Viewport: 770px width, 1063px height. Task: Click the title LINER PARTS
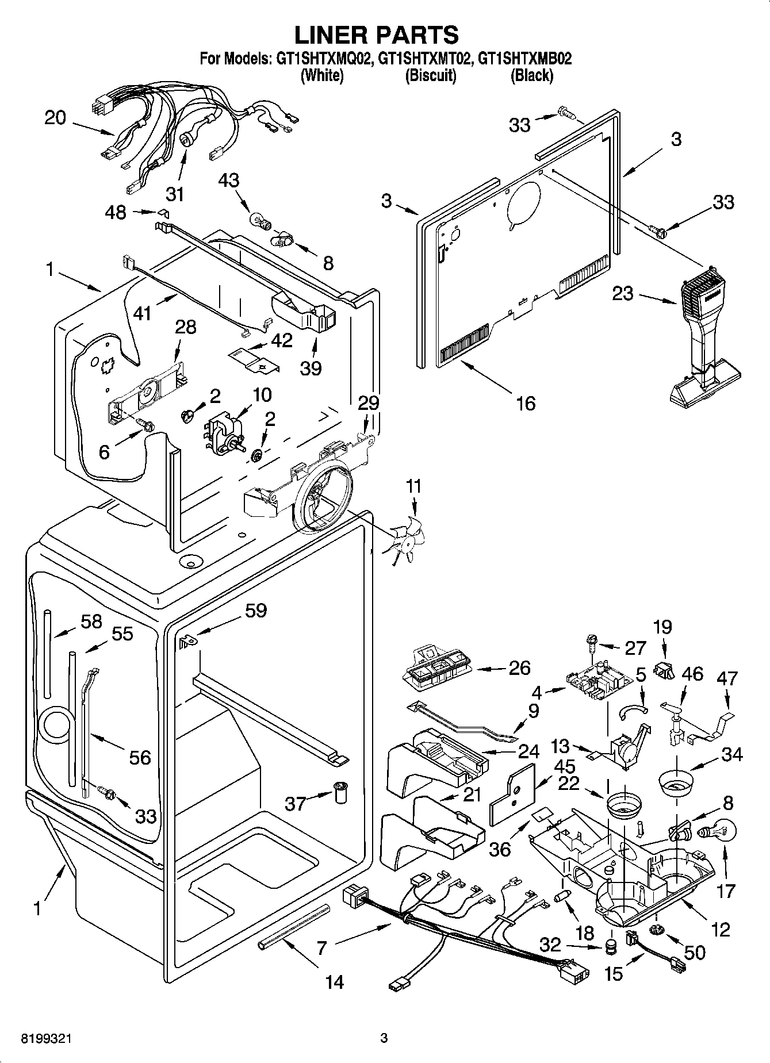[377, 34]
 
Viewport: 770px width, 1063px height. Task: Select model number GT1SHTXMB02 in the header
[525, 59]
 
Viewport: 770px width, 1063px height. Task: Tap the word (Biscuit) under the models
[431, 75]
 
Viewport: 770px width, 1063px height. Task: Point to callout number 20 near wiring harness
[55, 118]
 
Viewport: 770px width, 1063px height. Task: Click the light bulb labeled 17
[718, 831]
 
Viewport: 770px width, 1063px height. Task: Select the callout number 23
[622, 294]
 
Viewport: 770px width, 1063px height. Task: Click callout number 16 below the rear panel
[526, 403]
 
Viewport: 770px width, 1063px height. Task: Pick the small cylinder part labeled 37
[342, 793]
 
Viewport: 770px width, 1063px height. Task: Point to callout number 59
[256, 610]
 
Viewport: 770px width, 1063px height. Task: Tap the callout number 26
[519, 668]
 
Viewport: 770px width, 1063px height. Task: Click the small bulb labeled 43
[258, 220]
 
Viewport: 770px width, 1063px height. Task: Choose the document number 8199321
[47, 1038]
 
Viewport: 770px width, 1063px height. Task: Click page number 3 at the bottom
[384, 1038]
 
